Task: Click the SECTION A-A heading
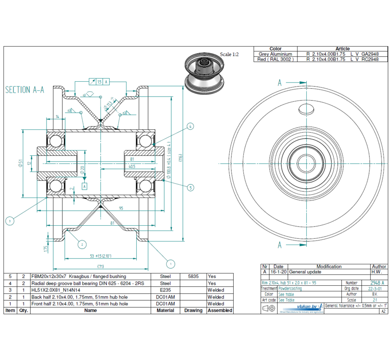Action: [x=25, y=90]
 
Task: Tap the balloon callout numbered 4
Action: [x=190, y=126]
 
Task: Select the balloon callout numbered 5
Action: [x=190, y=188]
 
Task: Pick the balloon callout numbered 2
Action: [x=81, y=245]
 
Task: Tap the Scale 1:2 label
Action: [x=229, y=54]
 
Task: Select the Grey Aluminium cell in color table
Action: [x=275, y=54]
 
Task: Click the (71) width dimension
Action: [x=101, y=266]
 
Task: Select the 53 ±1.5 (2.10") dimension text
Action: [x=100, y=256]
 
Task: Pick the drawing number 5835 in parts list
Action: [x=193, y=277]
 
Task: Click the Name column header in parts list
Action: [x=91, y=310]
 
